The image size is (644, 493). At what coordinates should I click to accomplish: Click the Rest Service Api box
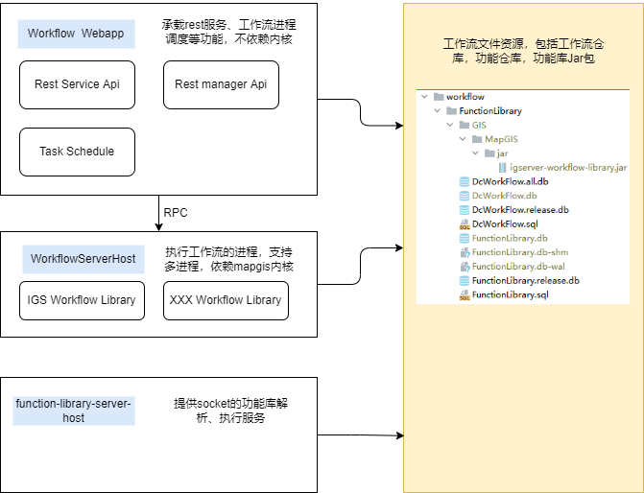tap(77, 84)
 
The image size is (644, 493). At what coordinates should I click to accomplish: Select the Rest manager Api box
tap(221, 84)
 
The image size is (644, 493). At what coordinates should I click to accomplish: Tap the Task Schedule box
tap(77, 152)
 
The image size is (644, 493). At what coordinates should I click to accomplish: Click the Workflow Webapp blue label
tap(76, 34)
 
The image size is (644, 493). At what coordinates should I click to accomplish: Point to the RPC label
tap(176, 212)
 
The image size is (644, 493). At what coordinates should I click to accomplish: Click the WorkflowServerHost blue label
tap(83, 259)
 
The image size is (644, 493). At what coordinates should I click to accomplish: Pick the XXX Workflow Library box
tap(226, 300)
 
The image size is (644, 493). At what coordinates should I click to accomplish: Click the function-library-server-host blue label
tap(75, 411)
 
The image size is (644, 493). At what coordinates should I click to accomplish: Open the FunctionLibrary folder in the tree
tap(489, 111)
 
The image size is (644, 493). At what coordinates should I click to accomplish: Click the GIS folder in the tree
tap(479, 125)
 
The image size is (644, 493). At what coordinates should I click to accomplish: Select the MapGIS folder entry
tap(501, 139)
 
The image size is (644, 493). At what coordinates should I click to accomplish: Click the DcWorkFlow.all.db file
tap(510, 181)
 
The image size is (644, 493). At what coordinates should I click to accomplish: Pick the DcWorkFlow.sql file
tap(505, 223)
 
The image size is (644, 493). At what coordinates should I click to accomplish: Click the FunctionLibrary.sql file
tap(509, 294)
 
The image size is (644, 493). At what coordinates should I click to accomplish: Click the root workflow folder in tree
tap(465, 97)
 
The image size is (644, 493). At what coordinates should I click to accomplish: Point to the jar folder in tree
tap(502, 153)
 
